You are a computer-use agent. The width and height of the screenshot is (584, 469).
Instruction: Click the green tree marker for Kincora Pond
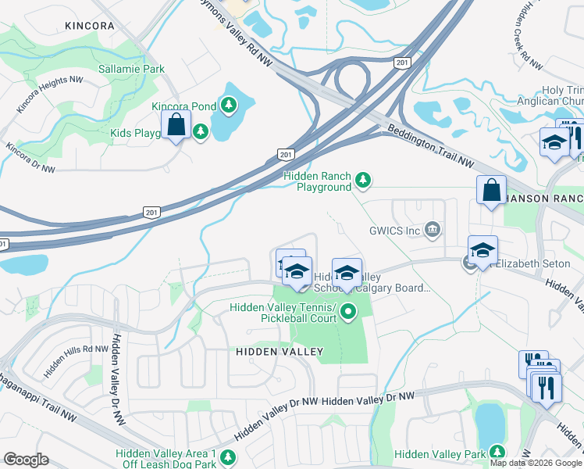(x=228, y=104)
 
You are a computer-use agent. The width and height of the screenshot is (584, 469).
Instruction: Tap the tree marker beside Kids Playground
(x=201, y=131)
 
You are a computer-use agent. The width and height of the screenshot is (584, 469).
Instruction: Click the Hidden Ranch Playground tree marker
(x=362, y=181)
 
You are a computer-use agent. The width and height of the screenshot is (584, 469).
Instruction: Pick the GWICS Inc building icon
(x=431, y=229)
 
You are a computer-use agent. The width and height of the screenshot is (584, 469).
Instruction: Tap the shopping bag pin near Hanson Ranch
(x=491, y=190)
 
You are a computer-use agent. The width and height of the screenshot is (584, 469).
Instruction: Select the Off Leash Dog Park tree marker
(x=227, y=458)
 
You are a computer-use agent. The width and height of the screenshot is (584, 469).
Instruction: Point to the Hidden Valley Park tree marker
(x=496, y=453)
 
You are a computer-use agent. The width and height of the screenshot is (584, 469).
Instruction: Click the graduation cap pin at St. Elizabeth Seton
(x=483, y=250)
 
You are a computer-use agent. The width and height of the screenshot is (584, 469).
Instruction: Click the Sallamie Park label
(x=131, y=69)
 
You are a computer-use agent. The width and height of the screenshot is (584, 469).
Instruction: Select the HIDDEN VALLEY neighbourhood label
(x=280, y=352)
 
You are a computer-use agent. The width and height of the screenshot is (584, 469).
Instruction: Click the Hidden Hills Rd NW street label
(x=75, y=361)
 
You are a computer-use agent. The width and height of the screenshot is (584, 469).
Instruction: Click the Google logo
(x=26, y=460)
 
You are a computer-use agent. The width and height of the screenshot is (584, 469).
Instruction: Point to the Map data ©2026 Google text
(x=536, y=463)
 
